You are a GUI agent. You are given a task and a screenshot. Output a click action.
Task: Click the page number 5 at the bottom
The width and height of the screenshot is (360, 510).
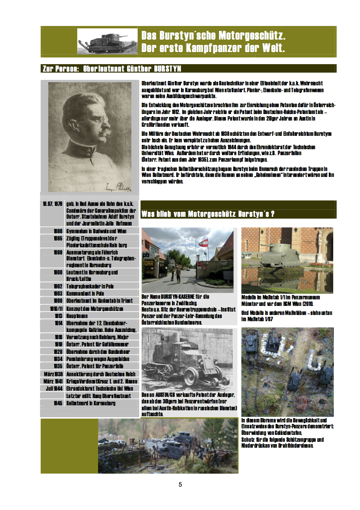coord(180,484)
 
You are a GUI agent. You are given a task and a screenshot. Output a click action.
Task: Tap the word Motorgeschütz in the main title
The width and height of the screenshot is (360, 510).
coord(252,36)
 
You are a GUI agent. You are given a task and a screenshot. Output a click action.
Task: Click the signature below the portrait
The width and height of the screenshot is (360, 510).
coord(120,187)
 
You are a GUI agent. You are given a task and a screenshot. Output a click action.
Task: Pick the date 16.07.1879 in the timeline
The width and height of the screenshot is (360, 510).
coord(53,204)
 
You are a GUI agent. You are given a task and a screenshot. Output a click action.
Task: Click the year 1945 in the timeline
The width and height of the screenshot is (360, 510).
coord(58,403)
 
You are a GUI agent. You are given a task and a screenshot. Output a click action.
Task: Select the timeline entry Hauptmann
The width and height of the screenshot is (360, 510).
coord(77,316)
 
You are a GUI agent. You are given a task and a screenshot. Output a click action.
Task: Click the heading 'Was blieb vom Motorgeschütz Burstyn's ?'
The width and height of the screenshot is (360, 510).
coord(208,214)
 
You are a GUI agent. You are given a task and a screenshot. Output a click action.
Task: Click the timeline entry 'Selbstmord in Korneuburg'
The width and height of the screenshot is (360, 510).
coord(91,403)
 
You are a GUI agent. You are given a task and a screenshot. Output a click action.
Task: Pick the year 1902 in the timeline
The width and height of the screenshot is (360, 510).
coord(58,286)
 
